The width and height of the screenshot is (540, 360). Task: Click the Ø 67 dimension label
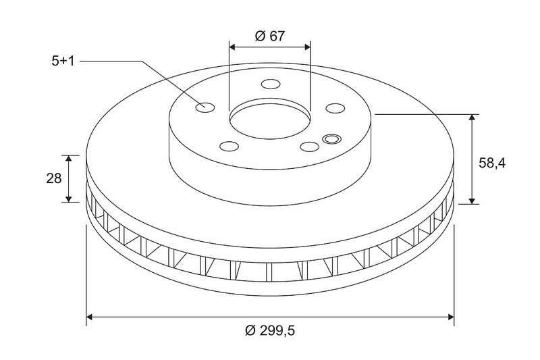point(270,36)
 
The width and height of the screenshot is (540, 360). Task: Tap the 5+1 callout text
point(63,61)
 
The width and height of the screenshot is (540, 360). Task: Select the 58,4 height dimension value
point(492,163)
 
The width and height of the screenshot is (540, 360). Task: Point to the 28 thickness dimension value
point(54,178)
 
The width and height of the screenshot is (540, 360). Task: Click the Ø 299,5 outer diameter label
point(270,331)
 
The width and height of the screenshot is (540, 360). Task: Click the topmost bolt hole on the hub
point(271,84)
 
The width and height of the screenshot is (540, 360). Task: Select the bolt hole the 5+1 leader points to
point(205,107)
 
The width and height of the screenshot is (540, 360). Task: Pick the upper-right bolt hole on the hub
point(335,108)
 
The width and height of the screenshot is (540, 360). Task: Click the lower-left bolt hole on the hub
point(229,147)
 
